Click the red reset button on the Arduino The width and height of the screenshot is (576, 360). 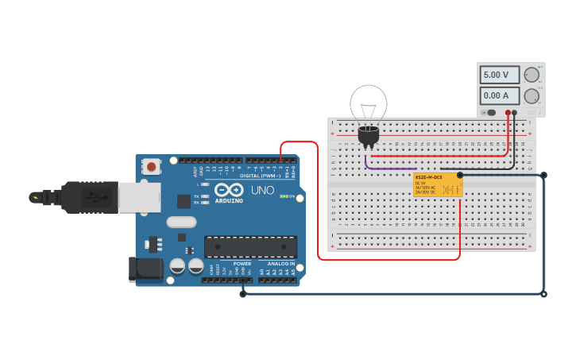point(151,167)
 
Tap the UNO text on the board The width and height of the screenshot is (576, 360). point(262,191)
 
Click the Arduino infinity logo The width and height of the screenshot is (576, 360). point(229,190)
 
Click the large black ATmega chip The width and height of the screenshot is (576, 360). point(250,246)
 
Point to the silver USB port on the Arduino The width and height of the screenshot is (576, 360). point(139,197)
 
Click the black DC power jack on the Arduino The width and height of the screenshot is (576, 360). point(145,269)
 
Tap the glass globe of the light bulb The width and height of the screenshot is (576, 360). point(369,103)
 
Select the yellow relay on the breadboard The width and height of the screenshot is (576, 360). point(438,184)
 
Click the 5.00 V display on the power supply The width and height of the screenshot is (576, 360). point(500,75)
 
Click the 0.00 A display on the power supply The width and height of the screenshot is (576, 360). point(500,96)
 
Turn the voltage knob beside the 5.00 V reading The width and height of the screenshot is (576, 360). point(532,75)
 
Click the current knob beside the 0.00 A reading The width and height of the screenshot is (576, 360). point(532,96)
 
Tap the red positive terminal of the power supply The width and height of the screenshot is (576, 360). point(508,113)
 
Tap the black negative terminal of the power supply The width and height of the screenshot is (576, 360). point(515,113)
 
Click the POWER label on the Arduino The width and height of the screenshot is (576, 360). point(242,263)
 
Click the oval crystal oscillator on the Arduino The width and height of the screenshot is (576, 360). point(181,223)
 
